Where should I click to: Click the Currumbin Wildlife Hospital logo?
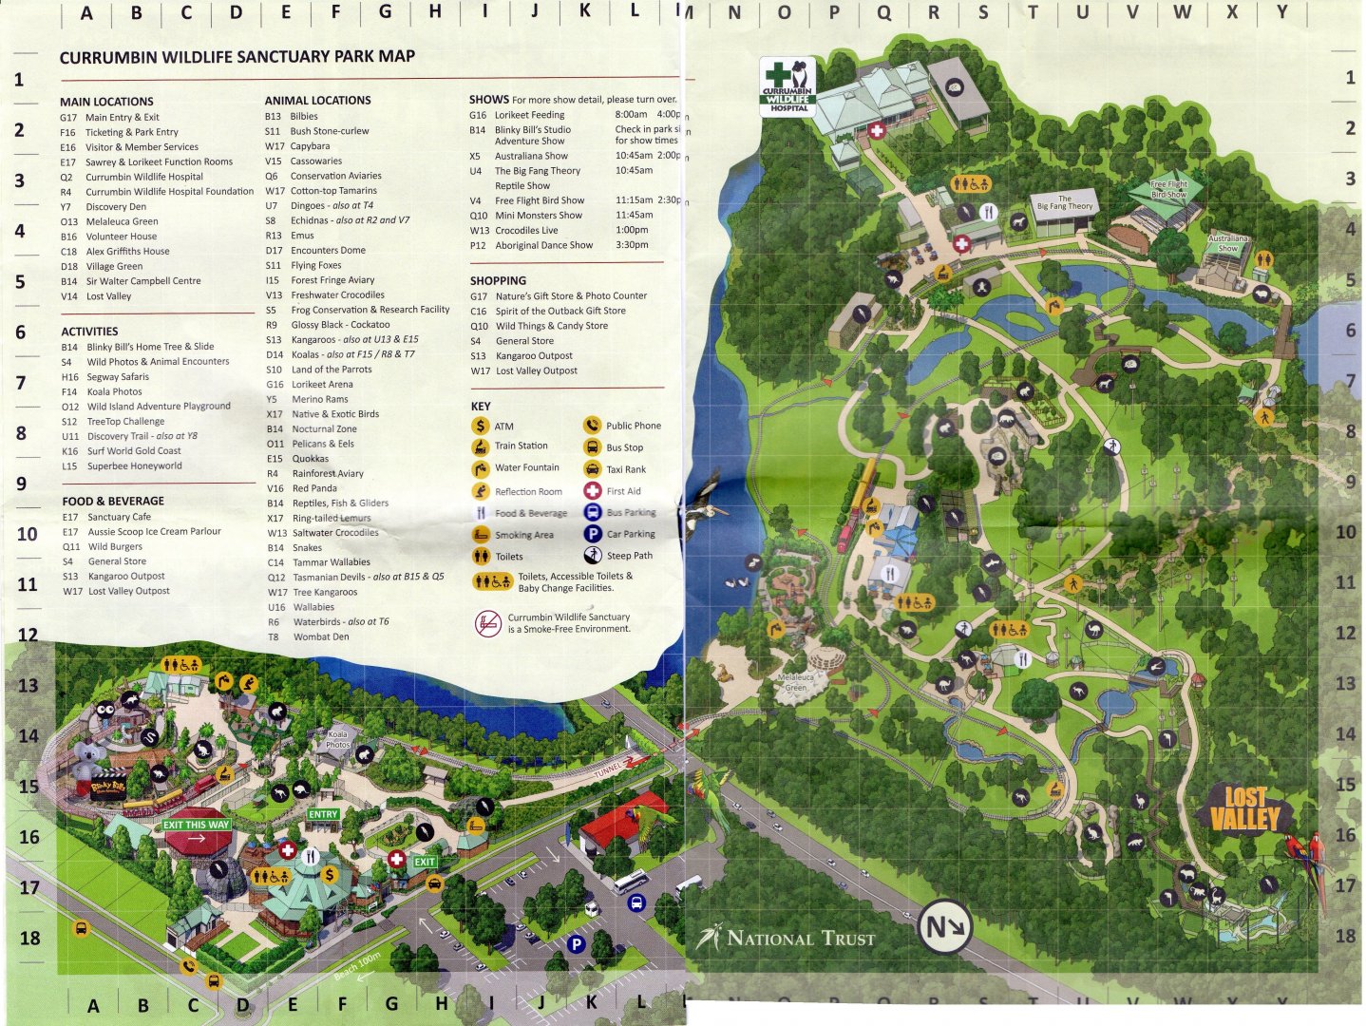pos(788,86)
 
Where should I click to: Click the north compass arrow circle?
pos(944,926)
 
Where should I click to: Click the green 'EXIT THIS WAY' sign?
pos(196,825)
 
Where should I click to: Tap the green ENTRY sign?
pos(323,814)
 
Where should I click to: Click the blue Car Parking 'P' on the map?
pos(575,944)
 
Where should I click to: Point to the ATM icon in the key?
pos(481,426)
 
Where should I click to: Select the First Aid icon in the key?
pos(592,490)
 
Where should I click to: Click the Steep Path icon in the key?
pos(592,555)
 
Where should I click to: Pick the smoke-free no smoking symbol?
pos(487,623)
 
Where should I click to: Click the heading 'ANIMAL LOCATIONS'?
pos(317,100)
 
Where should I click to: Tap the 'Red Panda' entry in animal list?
pos(313,488)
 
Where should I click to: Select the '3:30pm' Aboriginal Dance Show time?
pos(632,245)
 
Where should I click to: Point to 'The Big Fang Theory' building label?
pos(1065,202)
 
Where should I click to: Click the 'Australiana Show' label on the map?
pos(1227,243)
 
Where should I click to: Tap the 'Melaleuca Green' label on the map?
pos(796,683)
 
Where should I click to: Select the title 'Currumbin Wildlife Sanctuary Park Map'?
pos(237,57)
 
